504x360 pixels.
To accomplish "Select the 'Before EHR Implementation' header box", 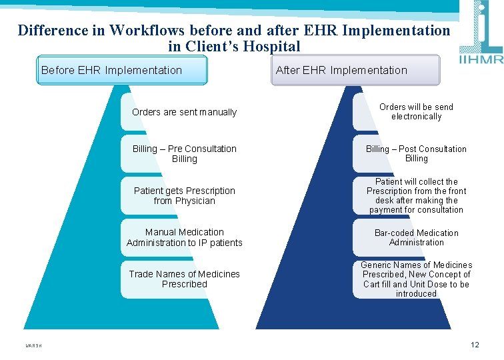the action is [x=122, y=70].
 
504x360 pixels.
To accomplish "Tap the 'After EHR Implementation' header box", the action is [x=355, y=70].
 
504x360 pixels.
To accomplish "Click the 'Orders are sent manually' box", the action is [x=184, y=112].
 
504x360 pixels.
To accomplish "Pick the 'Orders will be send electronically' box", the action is [x=416, y=111].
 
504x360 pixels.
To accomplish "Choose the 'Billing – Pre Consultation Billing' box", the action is [x=184, y=154].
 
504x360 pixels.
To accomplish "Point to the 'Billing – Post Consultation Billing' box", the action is [x=416, y=153].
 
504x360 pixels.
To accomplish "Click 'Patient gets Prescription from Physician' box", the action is [x=184, y=195].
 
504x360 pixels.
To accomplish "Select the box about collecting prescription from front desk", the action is [x=416, y=195].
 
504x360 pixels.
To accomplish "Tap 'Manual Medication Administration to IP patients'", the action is [x=184, y=237].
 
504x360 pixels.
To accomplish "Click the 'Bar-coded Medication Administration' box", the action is [x=416, y=237].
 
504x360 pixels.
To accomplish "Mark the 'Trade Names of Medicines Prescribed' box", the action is [x=184, y=279].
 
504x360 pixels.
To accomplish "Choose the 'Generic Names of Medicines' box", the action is [x=416, y=279].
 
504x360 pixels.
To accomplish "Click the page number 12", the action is [x=475, y=345].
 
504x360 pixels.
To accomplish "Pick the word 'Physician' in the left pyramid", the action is [x=194, y=201].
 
